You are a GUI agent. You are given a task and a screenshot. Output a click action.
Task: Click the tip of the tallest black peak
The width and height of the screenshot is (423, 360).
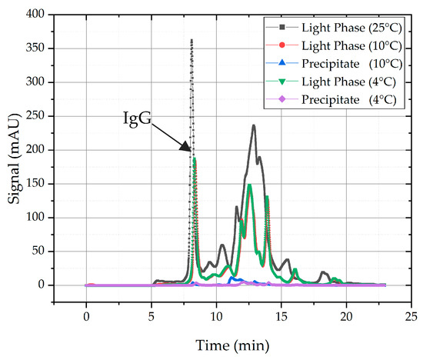(192, 39)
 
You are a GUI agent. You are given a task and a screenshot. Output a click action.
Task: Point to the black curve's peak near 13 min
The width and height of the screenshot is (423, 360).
(254, 125)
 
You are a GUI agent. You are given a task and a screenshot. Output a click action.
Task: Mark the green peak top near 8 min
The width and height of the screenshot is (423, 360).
(195, 158)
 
